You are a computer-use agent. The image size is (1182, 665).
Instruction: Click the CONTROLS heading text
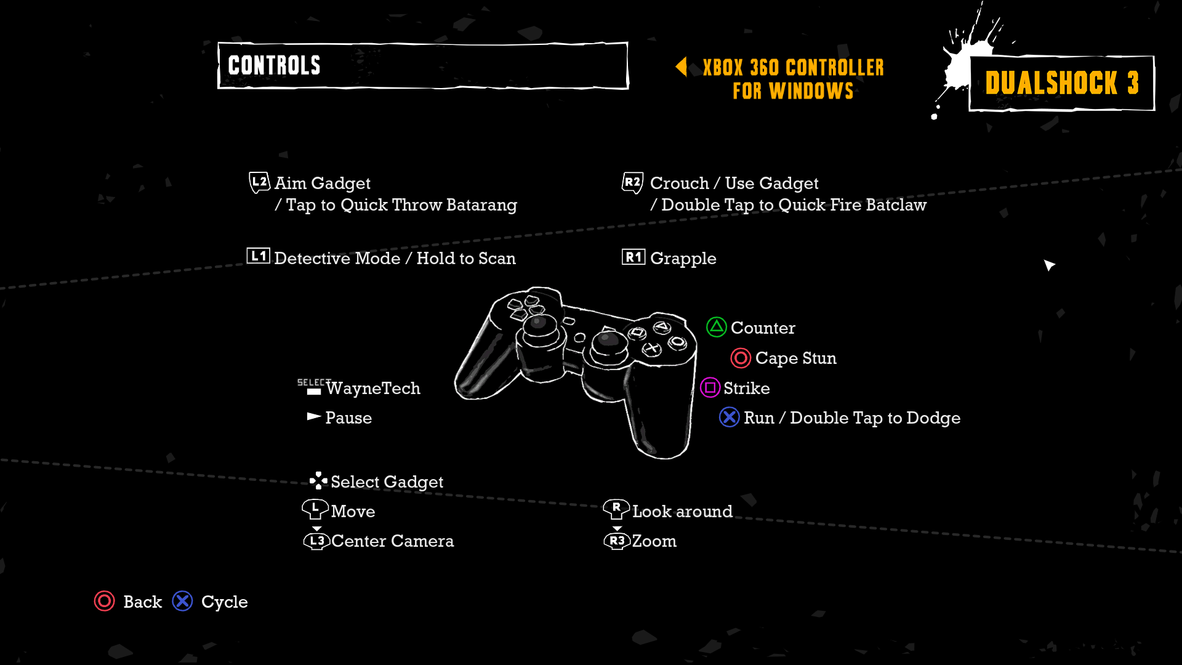(x=274, y=65)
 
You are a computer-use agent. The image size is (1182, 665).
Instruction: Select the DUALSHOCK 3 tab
(x=1061, y=83)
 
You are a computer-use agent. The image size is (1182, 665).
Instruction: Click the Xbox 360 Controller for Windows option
(x=793, y=79)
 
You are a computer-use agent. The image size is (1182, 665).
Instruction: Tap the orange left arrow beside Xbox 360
(x=681, y=66)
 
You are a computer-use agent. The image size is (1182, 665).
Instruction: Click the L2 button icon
(x=259, y=182)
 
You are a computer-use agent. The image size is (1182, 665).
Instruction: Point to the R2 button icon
(x=632, y=182)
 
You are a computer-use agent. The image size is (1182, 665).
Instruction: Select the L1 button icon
(x=258, y=256)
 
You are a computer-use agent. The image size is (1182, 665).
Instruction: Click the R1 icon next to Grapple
(x=633, y=257)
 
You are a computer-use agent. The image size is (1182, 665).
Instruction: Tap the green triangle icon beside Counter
(x=716, y=327)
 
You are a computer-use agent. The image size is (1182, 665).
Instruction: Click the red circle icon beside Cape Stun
(x=741, y=358)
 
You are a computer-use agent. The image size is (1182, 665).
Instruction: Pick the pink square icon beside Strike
(x=710, y=387)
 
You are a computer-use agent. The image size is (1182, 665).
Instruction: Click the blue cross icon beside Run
(x=730, y=417)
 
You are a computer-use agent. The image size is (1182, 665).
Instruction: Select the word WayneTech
(x=373, y=389)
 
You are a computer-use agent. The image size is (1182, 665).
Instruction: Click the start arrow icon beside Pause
(x=314, y=417)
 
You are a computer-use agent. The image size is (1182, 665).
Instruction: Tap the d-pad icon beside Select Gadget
(x=318, y=480)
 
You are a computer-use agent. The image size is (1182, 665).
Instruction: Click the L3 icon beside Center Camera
(x=316, y=541)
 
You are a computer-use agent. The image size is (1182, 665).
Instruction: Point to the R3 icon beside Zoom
(x=617, y=541)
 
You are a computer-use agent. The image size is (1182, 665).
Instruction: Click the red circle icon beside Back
(x=104, y=601)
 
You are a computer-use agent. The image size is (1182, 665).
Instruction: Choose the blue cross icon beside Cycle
(x=182, y=601)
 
